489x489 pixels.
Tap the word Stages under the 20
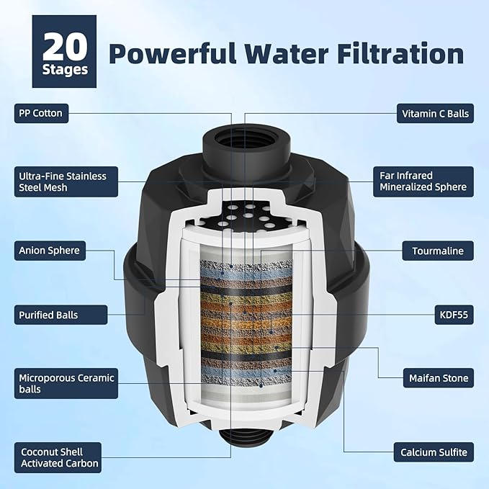point(64,70)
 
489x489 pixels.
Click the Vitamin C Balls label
point(434,113)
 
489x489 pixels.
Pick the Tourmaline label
point(437,251)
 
